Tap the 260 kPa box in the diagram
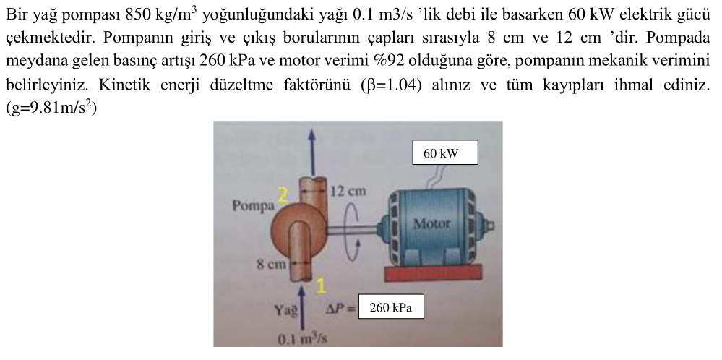pos(390,308)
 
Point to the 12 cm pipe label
pos(347,192)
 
